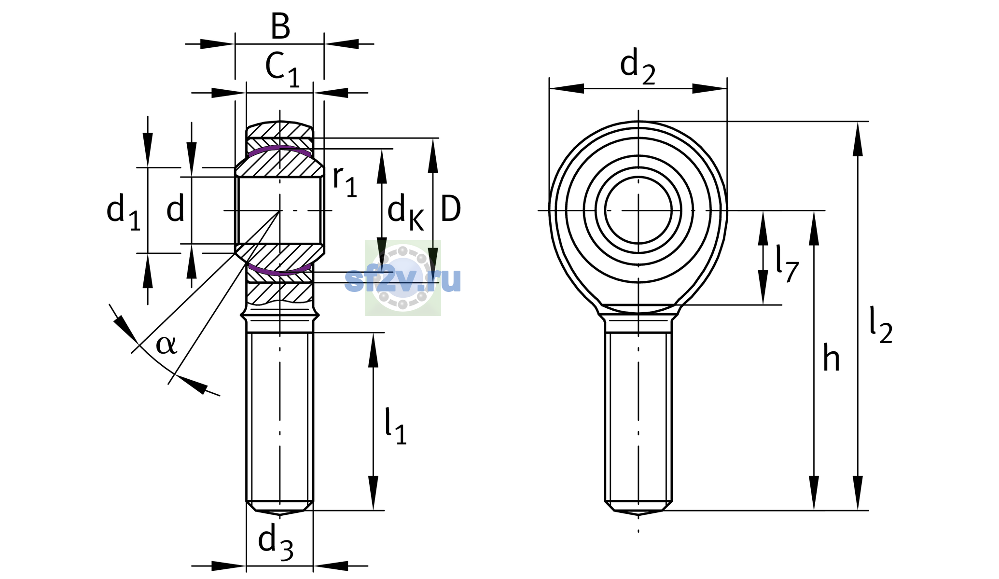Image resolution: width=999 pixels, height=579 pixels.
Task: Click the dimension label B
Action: [x=280, y=27]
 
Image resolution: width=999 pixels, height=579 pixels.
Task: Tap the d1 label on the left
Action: [x=124, y=212]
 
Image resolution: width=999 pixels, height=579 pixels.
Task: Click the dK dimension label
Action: [x=406, y=213]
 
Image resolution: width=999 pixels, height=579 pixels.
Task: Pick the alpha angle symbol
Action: [x=166, y=345]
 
